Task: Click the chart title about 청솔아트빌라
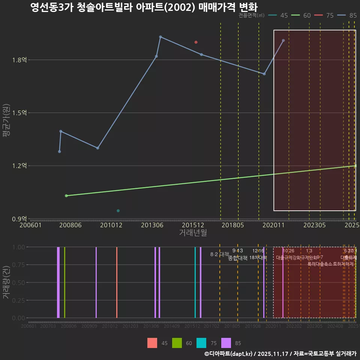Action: click(144, 8)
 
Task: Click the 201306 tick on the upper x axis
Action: click(152, 225)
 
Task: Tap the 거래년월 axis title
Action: click(193, 232)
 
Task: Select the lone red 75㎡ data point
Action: click(196, 42)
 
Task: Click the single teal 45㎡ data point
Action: click(118, 211)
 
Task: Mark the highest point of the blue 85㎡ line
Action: click(160, 37)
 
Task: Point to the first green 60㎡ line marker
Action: click(66, 196)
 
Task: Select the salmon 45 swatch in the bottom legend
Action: click(152, 343)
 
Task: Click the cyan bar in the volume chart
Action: click(195, 282)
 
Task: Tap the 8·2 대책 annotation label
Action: click(220, 254)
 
